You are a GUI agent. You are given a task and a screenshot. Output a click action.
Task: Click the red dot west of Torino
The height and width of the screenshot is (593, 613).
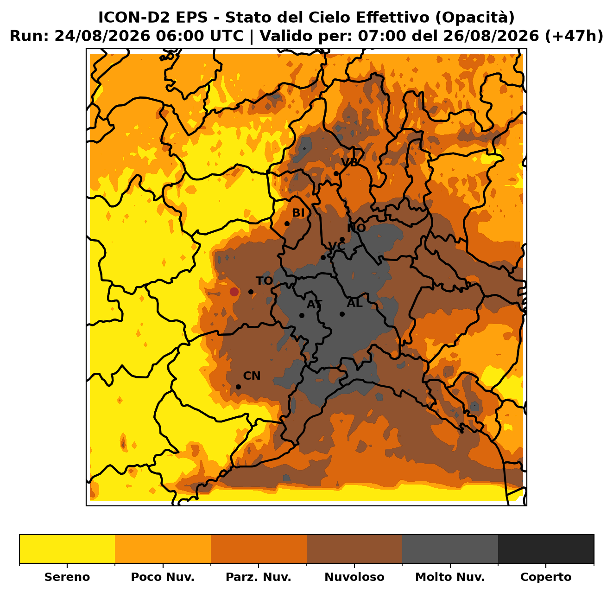pyautogui.click(x=234, y=292)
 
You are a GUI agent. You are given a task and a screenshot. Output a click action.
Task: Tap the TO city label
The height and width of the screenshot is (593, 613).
pyautogui.click(x=264, y=281)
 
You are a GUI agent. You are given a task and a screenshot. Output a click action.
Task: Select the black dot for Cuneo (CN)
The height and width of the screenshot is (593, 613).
pyautogui.click(x=238, y=387)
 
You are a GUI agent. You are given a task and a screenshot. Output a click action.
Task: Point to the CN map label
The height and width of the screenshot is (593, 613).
pyautogui.click(x=252, y=376)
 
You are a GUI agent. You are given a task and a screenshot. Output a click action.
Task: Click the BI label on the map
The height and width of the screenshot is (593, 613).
pyautogui.click(x=298, y=213)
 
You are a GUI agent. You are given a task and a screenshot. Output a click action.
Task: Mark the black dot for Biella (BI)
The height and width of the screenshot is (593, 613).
pyautogui.click(x=287, y=223)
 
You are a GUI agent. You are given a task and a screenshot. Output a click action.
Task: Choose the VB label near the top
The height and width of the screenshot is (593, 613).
pyautogui.click(x=350, y=162)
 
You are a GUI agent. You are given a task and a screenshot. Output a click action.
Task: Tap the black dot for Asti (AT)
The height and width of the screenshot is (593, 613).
pyautogui.click(x=302, y=315)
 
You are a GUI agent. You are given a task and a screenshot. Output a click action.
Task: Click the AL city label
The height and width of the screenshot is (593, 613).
pyautogui.click(x=355, y=303)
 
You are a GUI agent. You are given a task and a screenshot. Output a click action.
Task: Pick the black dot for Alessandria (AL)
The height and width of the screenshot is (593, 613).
pyautogui.click(x=342, y=314)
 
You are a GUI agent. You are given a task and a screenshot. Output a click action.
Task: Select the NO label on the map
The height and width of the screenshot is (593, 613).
pyautogui.click(x=356, y=228)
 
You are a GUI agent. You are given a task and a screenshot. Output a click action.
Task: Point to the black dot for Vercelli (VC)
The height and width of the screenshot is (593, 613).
pyautogui.click(x=323, y=258)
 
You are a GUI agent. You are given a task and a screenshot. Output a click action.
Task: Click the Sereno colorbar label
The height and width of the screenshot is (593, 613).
pyautogui.click(x=67, y=577)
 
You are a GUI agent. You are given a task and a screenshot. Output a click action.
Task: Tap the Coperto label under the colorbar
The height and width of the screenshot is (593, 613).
pyautogui.click(x=546, y=577)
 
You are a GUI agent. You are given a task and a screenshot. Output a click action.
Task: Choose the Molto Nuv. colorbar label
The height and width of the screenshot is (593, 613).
pyautogui.click(x=450, y=577)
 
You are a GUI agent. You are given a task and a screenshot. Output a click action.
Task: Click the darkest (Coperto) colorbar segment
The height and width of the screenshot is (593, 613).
pyautogui.click(x=546, y=549)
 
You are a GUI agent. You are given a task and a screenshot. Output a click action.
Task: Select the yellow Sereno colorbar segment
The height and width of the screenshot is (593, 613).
pyautogui.click(x=67, y=549)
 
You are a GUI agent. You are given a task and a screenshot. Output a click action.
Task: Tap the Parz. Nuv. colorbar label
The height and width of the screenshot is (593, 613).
pyautogui.click(x=258, y=577)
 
